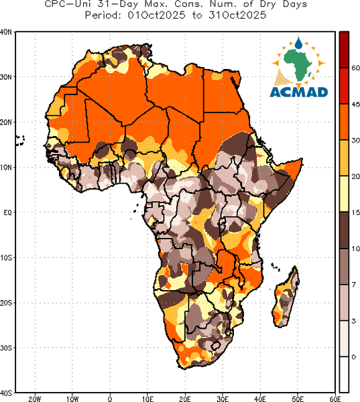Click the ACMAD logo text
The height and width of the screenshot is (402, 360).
click(x=299, y=92)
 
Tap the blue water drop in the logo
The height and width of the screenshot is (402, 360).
click(x=298, y=43)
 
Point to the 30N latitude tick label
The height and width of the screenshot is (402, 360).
click(x=6, y=77)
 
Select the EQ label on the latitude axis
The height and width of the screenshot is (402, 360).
click(x=7, y=212)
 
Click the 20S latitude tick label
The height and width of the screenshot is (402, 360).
click(x=6, y=303)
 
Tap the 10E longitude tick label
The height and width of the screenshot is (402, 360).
click(x=147, y=399)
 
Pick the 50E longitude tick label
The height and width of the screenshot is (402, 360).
click(x=298, y=399)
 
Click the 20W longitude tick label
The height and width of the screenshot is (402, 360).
click(x=35, y=399)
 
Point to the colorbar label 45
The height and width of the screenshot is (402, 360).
click(x=355, y=105)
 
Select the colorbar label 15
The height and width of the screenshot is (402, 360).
click(x=355, y=212)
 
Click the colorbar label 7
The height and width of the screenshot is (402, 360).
click(x=353, y=285)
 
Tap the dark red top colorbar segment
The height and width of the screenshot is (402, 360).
click(x=344, y=50)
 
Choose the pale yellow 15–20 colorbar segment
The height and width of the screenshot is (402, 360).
click(x=344, y=194)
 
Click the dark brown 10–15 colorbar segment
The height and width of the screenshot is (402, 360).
click(x=344, y=230)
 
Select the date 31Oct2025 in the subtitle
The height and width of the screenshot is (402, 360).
click(x=237, y=15)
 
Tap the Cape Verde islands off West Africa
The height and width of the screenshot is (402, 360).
click(x=20, y=141)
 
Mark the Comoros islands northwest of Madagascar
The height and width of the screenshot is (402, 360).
click(x=276, y=267)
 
